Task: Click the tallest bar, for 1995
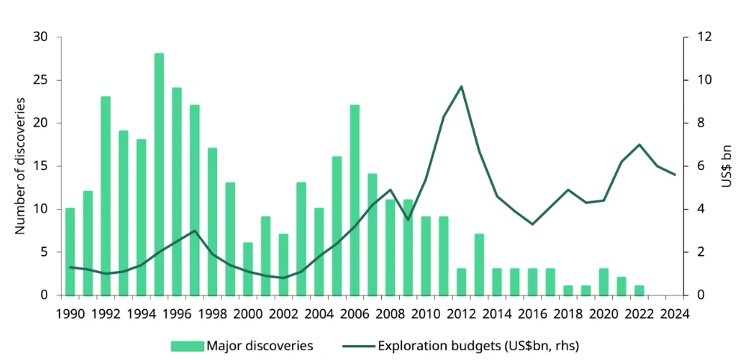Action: point(159,174)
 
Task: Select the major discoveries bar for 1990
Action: point(70,251)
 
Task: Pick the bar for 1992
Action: point(106,195)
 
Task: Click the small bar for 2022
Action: point(639,290)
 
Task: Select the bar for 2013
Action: point(479,264)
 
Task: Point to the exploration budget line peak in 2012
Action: point(461,86)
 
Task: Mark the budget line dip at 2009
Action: point(408,219)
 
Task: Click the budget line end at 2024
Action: point(675,174)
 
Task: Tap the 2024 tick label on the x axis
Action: point(674,313)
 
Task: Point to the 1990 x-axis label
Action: point(70,313)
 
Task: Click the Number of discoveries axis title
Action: point(20,166)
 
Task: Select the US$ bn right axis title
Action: point(725,166)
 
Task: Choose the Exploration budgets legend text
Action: point(478,345)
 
